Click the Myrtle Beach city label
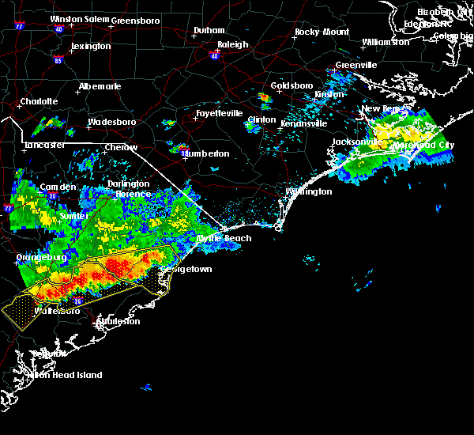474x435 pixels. coord(224,238)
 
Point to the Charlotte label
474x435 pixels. coord(39,101)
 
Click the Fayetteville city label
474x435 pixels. coord(219,113)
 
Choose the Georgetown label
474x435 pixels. coord(186,269)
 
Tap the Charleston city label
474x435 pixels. coord(118,321)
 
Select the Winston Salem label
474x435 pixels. coord(78,19)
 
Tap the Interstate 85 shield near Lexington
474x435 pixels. coord(58,59)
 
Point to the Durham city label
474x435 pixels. coord(209,31)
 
